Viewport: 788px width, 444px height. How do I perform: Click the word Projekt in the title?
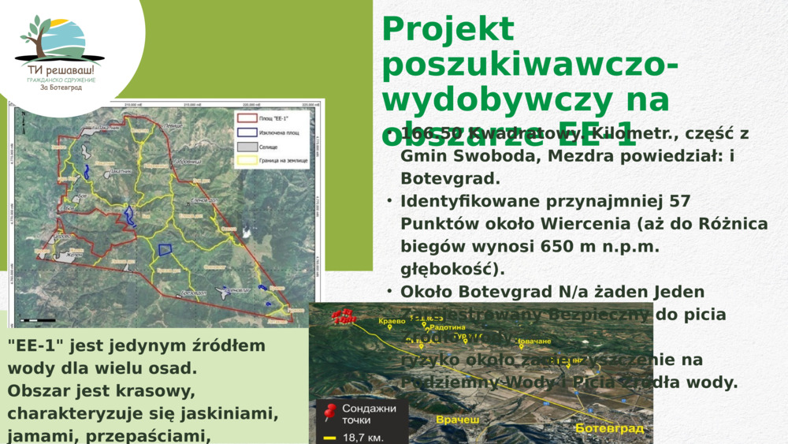point(448,30)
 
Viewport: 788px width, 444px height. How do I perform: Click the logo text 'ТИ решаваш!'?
point(59,70)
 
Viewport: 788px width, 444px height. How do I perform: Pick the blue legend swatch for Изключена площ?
point(247,133)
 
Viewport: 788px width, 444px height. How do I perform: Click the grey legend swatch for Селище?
point(247,147)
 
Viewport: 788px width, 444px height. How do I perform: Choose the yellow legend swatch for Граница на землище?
point(247,160)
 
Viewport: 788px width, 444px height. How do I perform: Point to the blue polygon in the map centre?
point(165,249)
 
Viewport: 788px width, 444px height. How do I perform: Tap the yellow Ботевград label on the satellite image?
point(609,428)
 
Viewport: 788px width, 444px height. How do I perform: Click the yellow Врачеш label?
point(458,420)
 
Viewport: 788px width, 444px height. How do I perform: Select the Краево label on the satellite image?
point(392,321)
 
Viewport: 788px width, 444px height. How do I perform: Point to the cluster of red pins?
point(344,314)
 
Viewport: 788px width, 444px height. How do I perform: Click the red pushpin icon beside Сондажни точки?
point(329,411)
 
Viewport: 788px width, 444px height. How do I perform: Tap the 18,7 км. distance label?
point(364,436)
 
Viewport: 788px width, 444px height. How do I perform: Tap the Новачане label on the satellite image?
point(533,341)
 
